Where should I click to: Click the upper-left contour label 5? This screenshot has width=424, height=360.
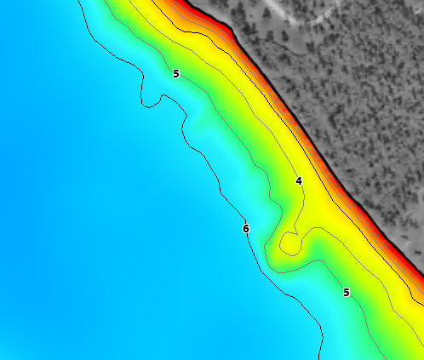[176, 74]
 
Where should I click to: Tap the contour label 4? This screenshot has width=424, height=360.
[299, 181]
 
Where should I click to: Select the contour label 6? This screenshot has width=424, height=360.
[245, 228]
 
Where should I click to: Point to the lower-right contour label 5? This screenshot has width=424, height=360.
[346, 293]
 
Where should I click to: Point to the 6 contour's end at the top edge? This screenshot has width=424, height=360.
[78, 1]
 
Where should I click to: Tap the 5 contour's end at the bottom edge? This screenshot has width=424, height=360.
[381, 358]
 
